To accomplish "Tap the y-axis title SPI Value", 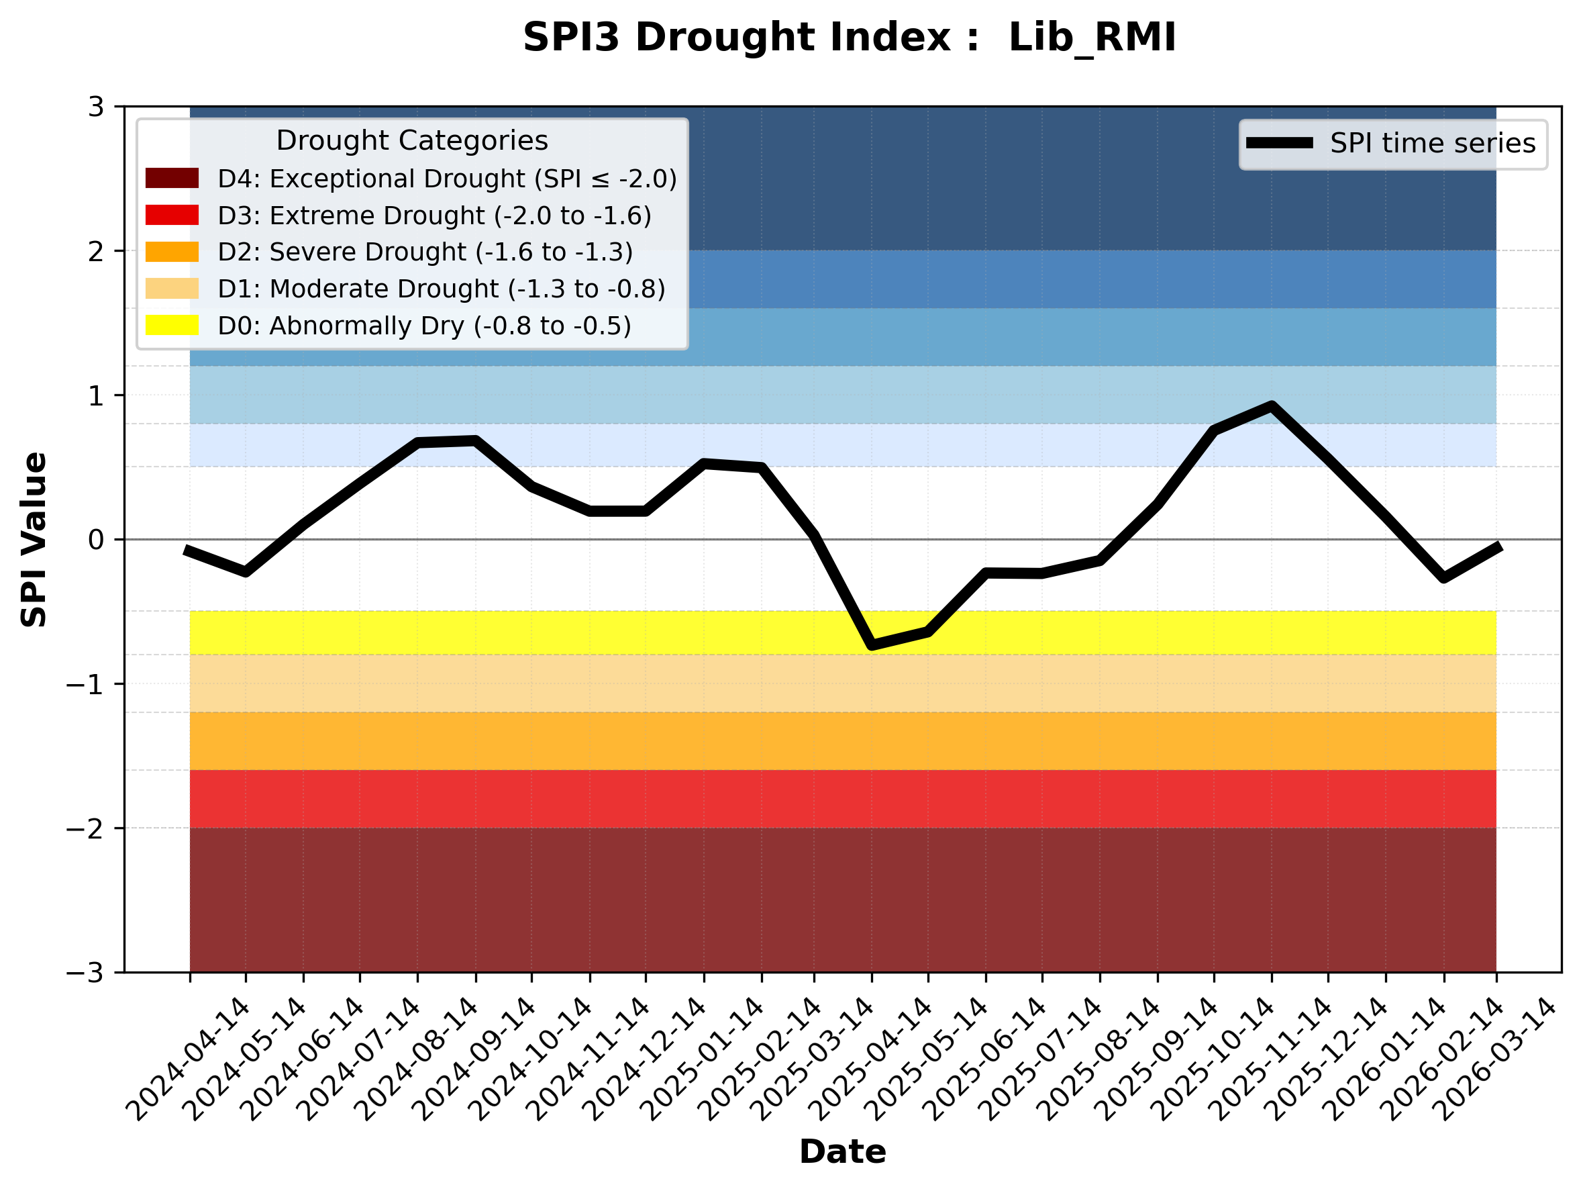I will pyautogui.click(x=34, y=540).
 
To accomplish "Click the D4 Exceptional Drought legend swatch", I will pyautogui.click(x=172, y=178).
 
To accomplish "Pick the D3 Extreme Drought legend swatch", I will pyautogui.click(x=172, y=215).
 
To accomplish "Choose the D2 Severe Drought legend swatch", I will pyautogui.click(x=172, y=252).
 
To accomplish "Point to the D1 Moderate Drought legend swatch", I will pyautogui.click(x=172, y=289).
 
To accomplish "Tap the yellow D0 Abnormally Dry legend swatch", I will pyautogui.click(x=172, y=325).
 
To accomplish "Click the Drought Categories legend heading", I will pyautogui.click(x=411, y=140).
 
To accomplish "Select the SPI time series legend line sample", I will pyautogui.click(x=1279, y=143).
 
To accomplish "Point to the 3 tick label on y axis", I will pyautogui.click(x=96, y=107).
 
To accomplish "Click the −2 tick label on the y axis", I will pyautogui.click(x=85, y=828).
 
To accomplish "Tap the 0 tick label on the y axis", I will pyautogui.click(x=96, y=540).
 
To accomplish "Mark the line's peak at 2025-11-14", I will pyautogui.click(x=1271, y=407).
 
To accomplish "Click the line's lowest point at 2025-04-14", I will pyautogui.click(x=872, y=645).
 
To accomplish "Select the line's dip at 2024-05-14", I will pyautogui.click(x=246, y=572).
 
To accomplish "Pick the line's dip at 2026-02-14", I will pyautogui.click(x=1443, y=577).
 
